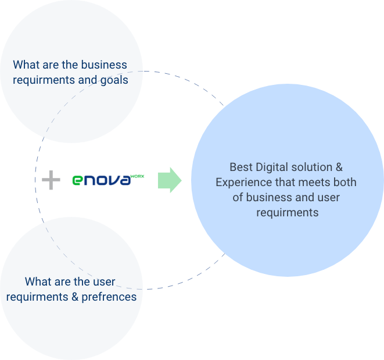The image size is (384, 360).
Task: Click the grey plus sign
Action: (x=51, y=180)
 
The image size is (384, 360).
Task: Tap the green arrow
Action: (x=170, y=180)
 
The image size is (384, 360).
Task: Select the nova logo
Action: (x=108, y=180)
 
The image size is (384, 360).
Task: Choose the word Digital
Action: (x=272, y=167)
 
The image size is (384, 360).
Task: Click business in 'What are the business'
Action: (x=103, y=65)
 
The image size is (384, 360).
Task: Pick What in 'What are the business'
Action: (x=26, y=65)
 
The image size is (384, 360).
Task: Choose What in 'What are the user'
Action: (x=38, y=282)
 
